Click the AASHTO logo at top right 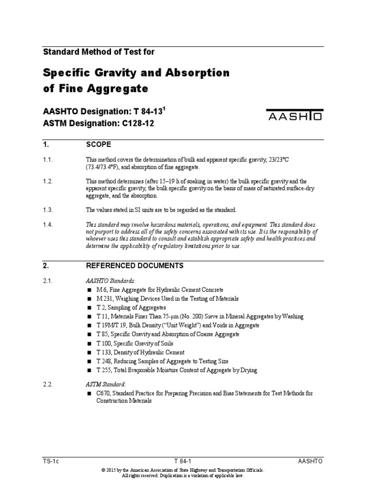pos(295,116)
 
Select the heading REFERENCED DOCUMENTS pos(134,265)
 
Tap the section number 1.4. pos(48,224)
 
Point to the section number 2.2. pos(48,383)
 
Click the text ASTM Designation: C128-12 pos(99,123)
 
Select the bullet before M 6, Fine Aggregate pos(89,290)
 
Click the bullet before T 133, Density pos(89,352)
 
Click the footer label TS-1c pos(50,461)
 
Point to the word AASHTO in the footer pos(311,461)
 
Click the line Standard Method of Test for pos(99,51)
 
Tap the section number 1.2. pos(48,181)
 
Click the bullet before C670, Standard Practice pos(89,393)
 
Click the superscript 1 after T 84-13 pos(164,108)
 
